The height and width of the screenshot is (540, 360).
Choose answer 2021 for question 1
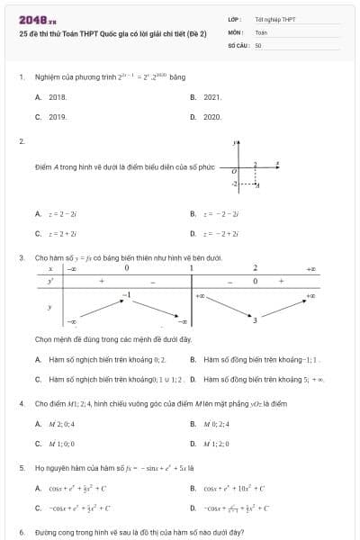click(x=212, y=96)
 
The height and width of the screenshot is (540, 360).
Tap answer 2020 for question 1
click(x=212, y=117)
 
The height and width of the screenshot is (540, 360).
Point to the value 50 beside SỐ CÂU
click(x=258, y=44)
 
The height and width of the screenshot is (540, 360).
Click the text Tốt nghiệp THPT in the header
click(x=274, y=19)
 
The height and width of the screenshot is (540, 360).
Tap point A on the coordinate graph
click(x=257, y=185)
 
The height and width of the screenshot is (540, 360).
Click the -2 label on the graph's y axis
click(x=234, y=184)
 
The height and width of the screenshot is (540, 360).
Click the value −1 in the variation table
click(x=127, y=294)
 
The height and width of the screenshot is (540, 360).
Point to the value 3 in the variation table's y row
click(x=255, y=319)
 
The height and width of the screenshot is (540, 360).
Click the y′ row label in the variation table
click(x=50, y=282)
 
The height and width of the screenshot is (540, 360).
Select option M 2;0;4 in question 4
click(x=61, y=423)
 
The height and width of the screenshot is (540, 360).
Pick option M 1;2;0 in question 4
click(x=217, y=444)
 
